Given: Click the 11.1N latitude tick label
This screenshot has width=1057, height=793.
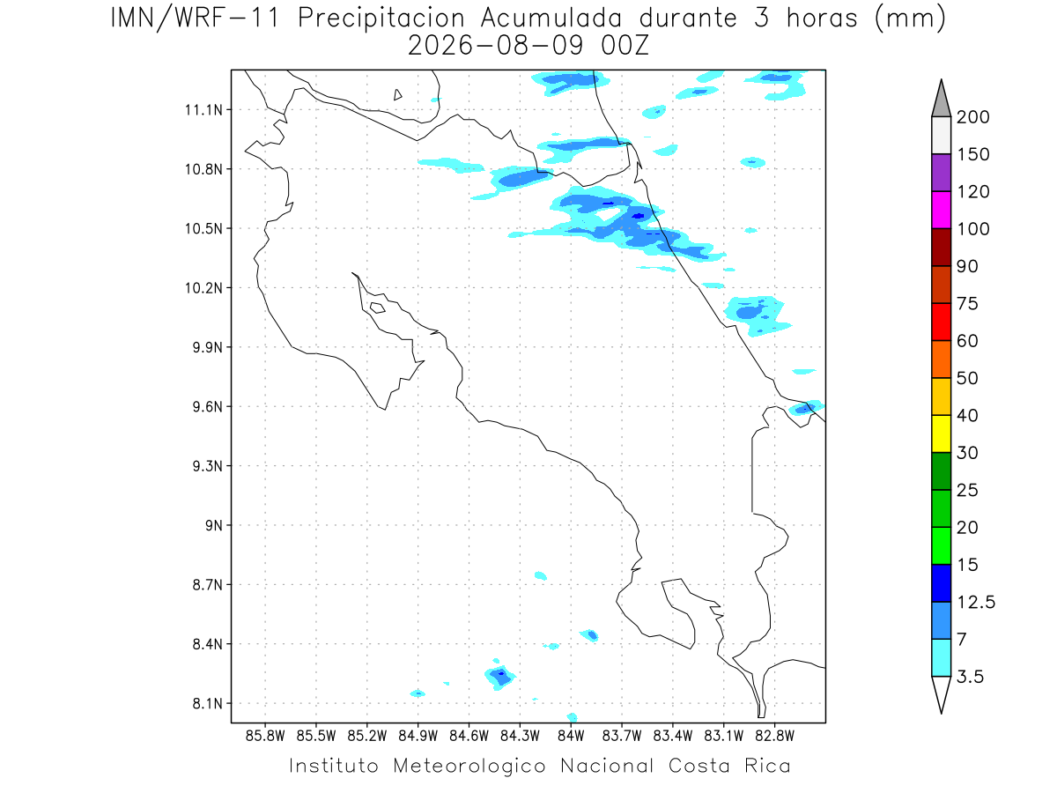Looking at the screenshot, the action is pos(203,110).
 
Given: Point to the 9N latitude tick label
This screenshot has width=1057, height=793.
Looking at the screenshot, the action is pos(214,525).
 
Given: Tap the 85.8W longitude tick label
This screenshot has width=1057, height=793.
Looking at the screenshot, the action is pos(265,736).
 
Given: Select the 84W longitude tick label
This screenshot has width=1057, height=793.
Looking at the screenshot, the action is pos(571,736).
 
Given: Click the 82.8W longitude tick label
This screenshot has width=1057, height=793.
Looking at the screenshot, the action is pos(774,736).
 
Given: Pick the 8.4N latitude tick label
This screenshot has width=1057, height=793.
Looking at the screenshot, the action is pos(208,644).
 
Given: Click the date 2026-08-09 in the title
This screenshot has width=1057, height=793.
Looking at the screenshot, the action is pos(496,46).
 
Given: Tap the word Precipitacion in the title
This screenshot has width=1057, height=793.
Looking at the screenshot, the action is pos(381,19).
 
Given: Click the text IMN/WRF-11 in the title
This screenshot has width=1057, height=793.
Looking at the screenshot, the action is pos(195,19).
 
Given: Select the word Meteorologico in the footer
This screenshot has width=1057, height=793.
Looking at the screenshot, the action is pos(469,766).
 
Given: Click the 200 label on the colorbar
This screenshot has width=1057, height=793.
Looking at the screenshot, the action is pos(972,117).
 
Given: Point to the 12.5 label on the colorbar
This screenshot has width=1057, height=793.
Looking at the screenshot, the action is pos(976,603).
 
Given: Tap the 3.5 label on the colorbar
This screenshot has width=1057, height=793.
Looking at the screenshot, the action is pos(970,677).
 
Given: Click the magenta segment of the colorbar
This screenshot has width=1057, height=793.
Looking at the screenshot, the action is pos(941,210).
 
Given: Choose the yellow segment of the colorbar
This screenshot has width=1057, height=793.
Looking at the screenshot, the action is pos(941,434).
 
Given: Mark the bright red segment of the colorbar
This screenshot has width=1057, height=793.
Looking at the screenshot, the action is pos(941,322).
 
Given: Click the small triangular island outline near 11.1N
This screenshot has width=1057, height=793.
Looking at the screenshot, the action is pos(396,95).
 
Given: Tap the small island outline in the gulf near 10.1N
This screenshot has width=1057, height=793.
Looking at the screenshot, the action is pos(378,308).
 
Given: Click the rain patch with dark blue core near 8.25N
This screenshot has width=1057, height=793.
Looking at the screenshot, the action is pos(499,676).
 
